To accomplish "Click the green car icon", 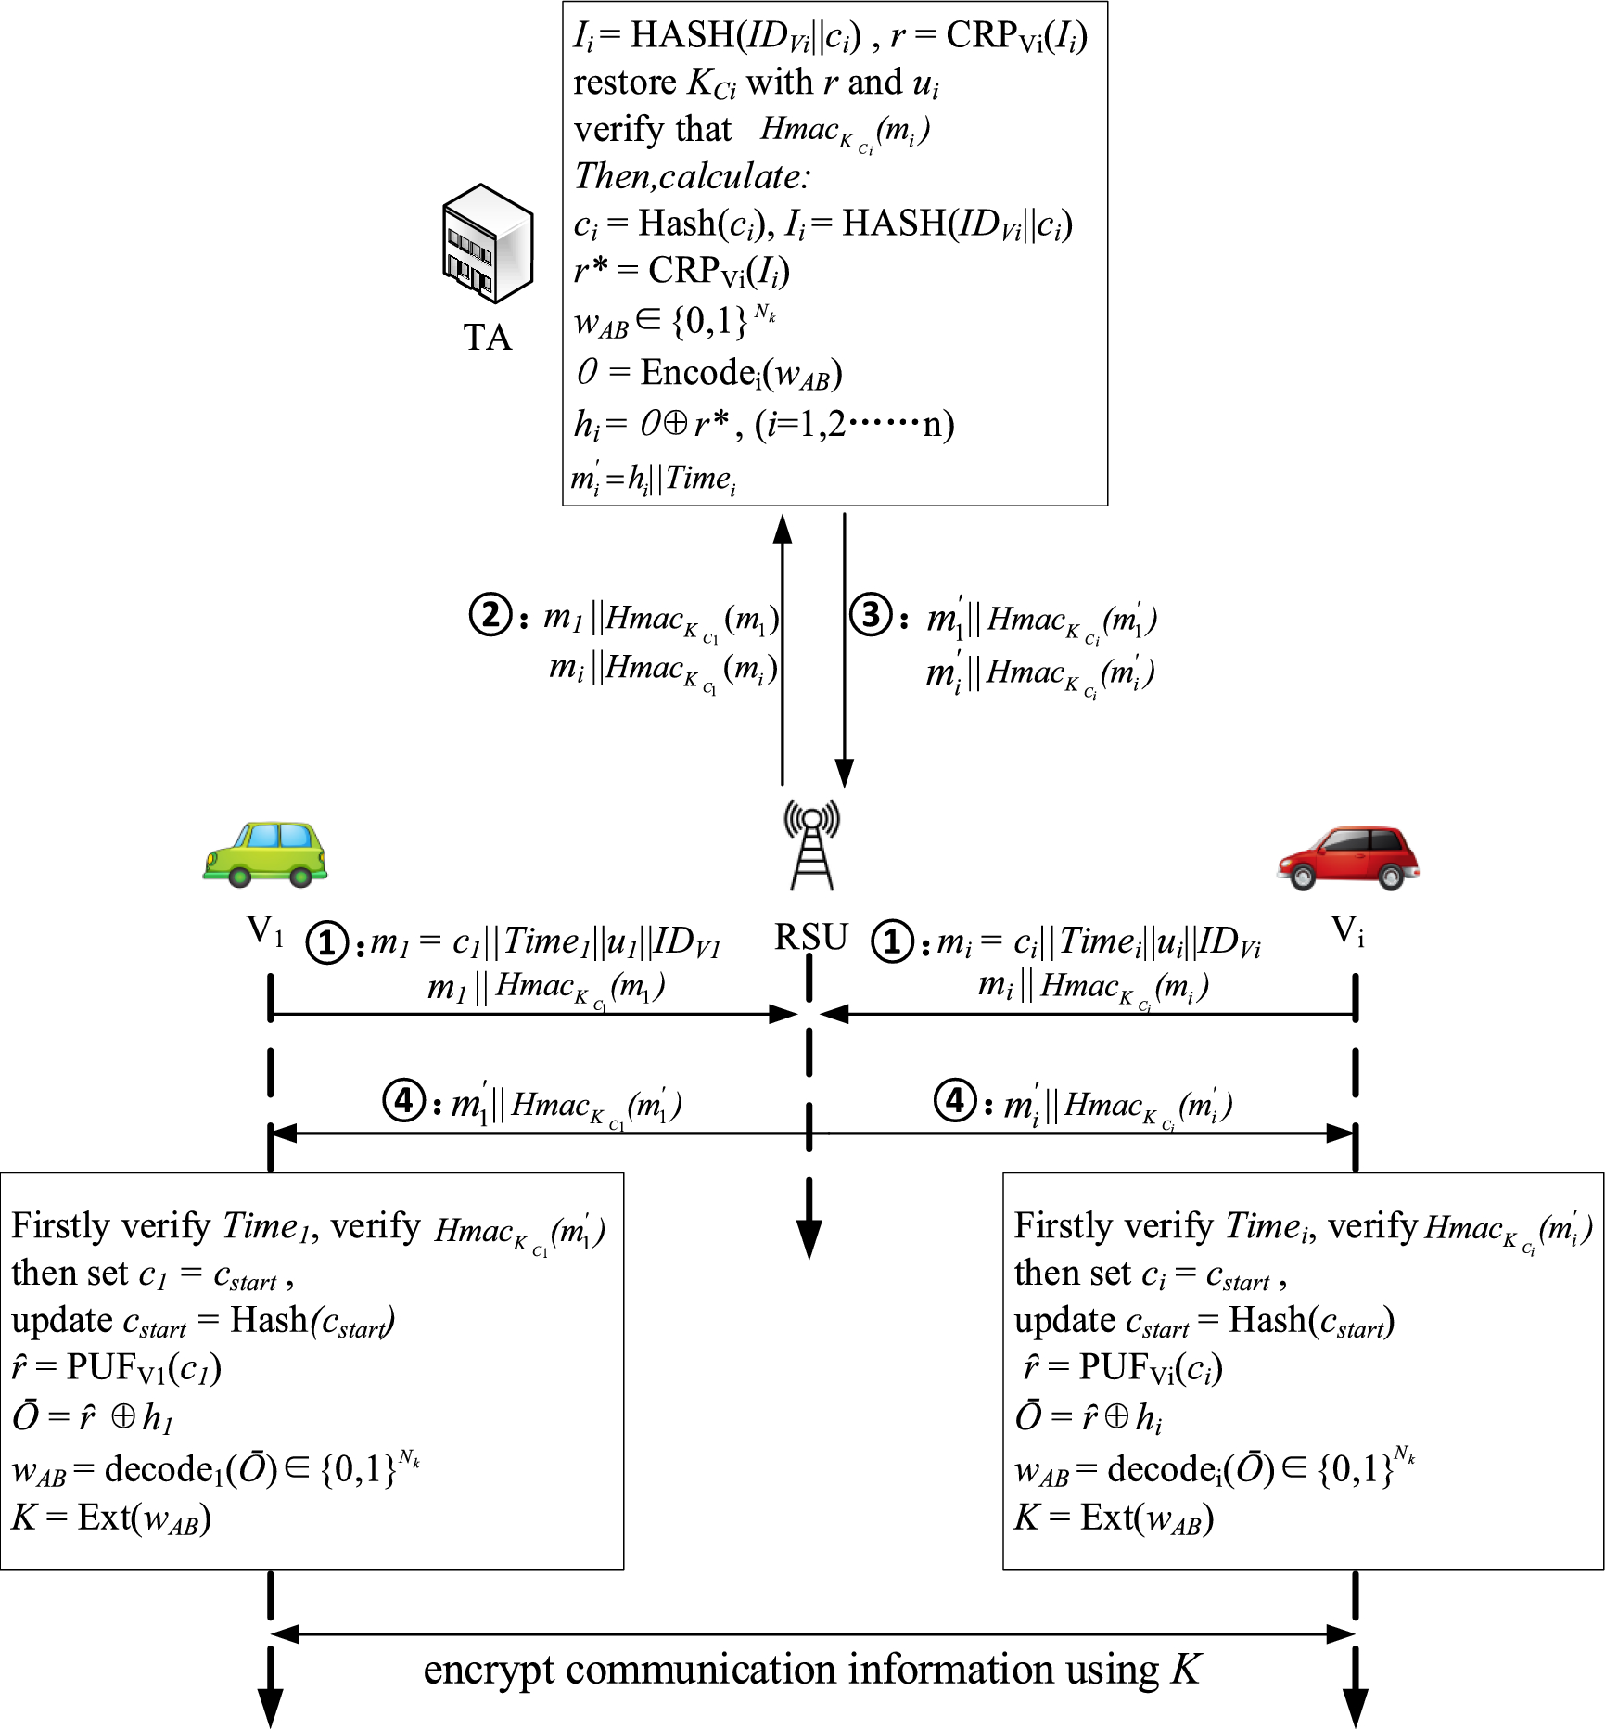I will coord(265,854).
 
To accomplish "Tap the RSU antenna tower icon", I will coord(811,847).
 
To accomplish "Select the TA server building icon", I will coord(488,243).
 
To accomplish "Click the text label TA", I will coord(488,338).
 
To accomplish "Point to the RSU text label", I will coord(811,938).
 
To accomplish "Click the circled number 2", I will coord(490,615).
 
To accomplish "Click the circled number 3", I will coord(872,614).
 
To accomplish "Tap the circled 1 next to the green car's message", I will coord(327,943).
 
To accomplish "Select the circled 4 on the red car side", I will coord(956,1101).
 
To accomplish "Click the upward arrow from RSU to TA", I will coord(783,649).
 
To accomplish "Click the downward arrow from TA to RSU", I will coord(844,649).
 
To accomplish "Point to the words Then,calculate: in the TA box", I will coord(692,176).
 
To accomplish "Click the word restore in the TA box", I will coord(625,83).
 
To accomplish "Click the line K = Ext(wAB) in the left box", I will coord(111,1518).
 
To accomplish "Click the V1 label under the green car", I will coord(264,930).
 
